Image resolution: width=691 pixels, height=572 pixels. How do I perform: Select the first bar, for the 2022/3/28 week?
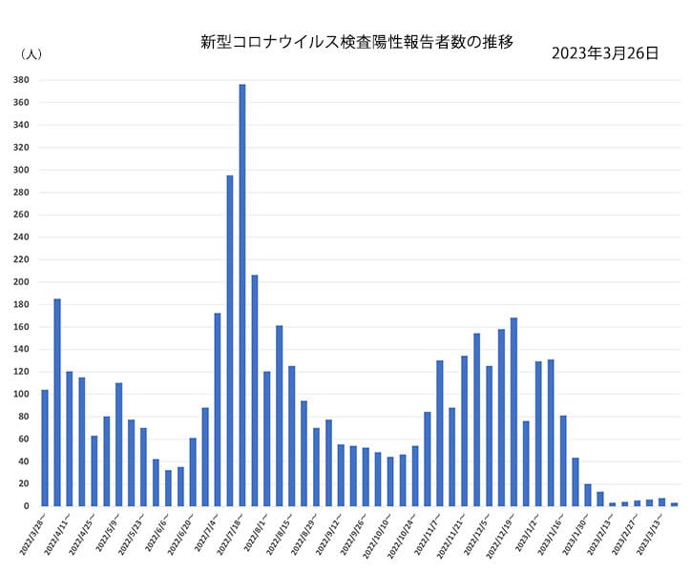click(x=45, y=448)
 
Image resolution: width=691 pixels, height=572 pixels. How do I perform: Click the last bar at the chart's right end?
click(x=675, y=504)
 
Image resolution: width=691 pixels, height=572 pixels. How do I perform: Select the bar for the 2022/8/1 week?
click(x=267, y=439)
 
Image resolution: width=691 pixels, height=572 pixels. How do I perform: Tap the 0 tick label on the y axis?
click(x=30, y=506)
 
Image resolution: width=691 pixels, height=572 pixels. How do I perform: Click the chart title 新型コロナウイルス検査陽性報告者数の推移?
click(x=357, y=42)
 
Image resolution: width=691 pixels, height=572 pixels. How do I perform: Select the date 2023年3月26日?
click(x=605, y=53)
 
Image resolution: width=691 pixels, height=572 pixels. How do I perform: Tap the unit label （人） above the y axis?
click(x=30, y=54)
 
